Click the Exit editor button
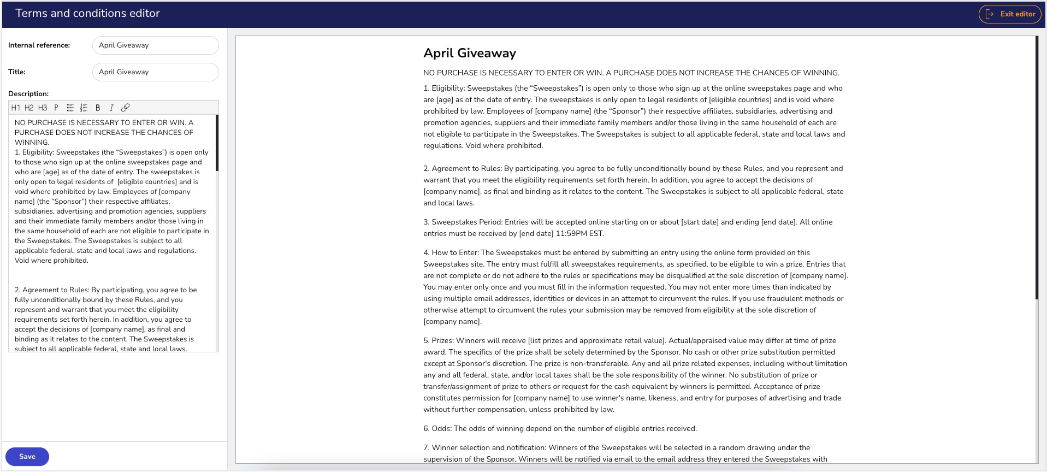(x=1011, y=14)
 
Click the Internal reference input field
(x=155, y=45)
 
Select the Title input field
(x=155, y=72)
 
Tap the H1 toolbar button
(x=16, y=108)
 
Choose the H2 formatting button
(x=29, y=108)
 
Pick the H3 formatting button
(x=43, y=108)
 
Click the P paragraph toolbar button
(x=56, y=108)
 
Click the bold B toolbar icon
(x=98, y=108)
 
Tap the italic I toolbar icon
(x=111, y=108)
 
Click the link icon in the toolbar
(x=125, y=108)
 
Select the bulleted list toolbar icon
(x=70, y=108)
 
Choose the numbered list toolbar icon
(x=84, y=108)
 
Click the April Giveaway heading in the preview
(x=469, y=53)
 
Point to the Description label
(x=28, y=94)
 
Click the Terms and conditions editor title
(x=87, y=13)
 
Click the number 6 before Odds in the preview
(x=425, y=429)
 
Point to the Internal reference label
(x=39, y=45)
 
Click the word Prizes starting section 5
(x=442, y=341)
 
